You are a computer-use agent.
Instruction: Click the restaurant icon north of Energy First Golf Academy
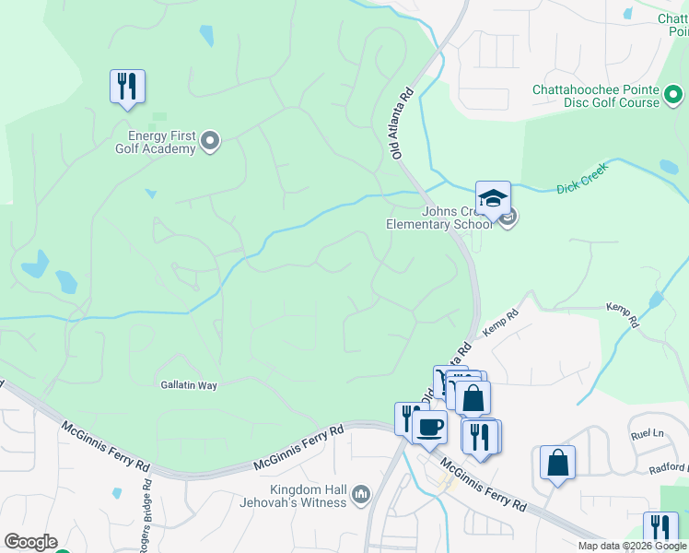[127, 88]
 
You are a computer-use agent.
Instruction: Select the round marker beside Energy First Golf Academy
[210, 141]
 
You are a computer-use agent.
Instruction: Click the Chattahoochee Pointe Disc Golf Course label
[596, 96]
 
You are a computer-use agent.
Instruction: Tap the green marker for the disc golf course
[673, 94]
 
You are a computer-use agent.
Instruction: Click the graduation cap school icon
[493, 199]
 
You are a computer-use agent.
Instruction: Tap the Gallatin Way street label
[188, 385]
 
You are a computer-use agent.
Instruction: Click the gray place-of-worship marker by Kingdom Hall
[361, 496]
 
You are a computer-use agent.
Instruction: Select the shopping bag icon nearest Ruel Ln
[557, 463]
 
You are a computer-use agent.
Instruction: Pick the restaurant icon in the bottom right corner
[660, 528]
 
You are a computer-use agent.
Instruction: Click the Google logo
[30, 542]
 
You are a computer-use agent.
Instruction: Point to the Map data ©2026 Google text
[632, 546]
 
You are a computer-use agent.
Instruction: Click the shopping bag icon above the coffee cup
[473, 398]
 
